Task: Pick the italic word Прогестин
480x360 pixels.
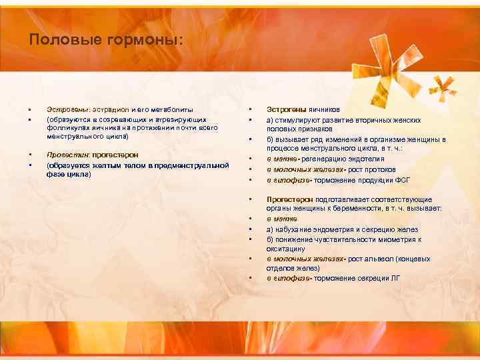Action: coord(68,155)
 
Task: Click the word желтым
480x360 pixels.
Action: coord(115,165)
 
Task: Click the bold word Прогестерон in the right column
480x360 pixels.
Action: coord(287,199)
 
